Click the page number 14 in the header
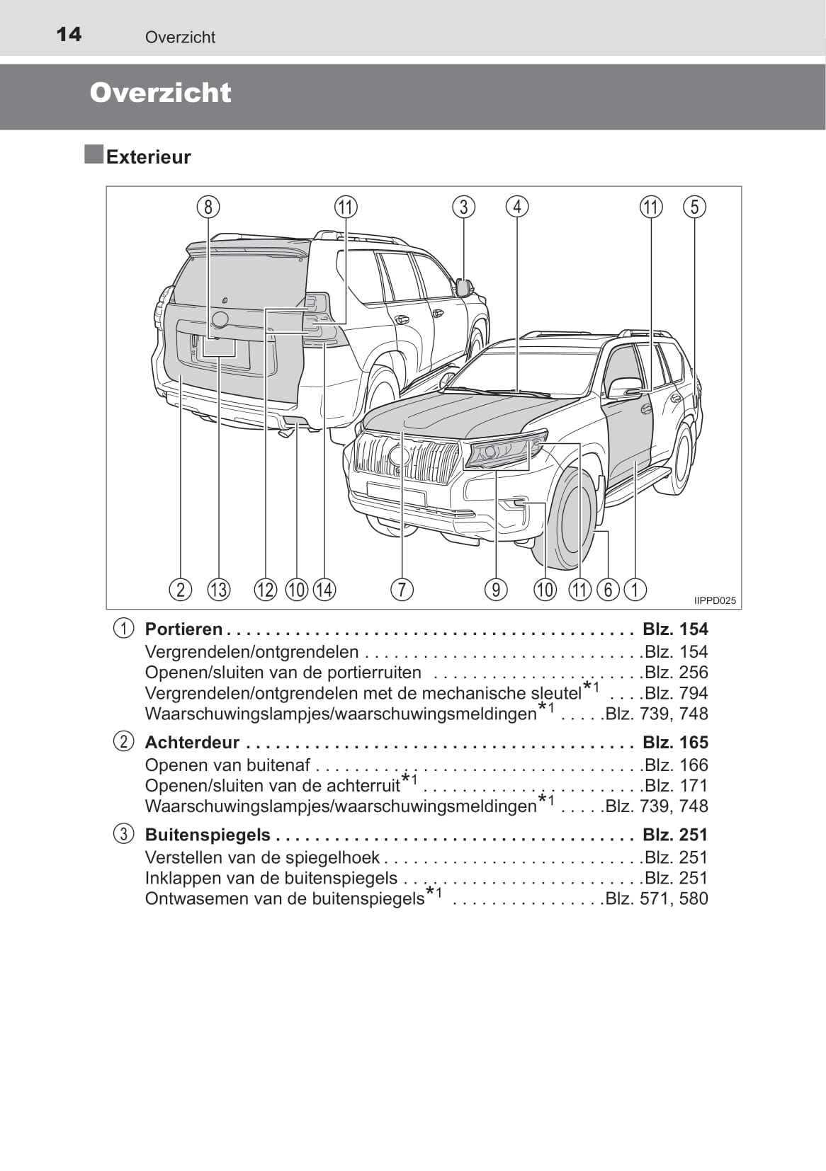click(x=69, y=34)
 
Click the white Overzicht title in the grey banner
click(x=160, y=93)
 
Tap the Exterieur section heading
click(x=148, y=156)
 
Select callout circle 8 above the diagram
click(x=208, y=207)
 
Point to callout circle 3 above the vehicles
click(x=463, y=207)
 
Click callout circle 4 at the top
click(x=517, y=207)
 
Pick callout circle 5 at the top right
click(x=694, y=207)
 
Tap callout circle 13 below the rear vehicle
click(x=219, y=589)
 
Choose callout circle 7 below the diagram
click(x=402, y=589)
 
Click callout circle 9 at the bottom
click(x=496, y=589)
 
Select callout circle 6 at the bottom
click(x=608, y=589)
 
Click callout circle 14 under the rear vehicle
click(x=324, y=589)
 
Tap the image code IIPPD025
click(x=715, y=600)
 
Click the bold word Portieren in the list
click(x=183, y=629)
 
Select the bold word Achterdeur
click(x=192, y=742)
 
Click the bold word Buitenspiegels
click(x=208, y=835)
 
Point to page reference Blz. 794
click(x=676, y=693)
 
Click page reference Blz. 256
click(x=676, y=672)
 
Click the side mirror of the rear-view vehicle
click(x=465, y=287)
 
